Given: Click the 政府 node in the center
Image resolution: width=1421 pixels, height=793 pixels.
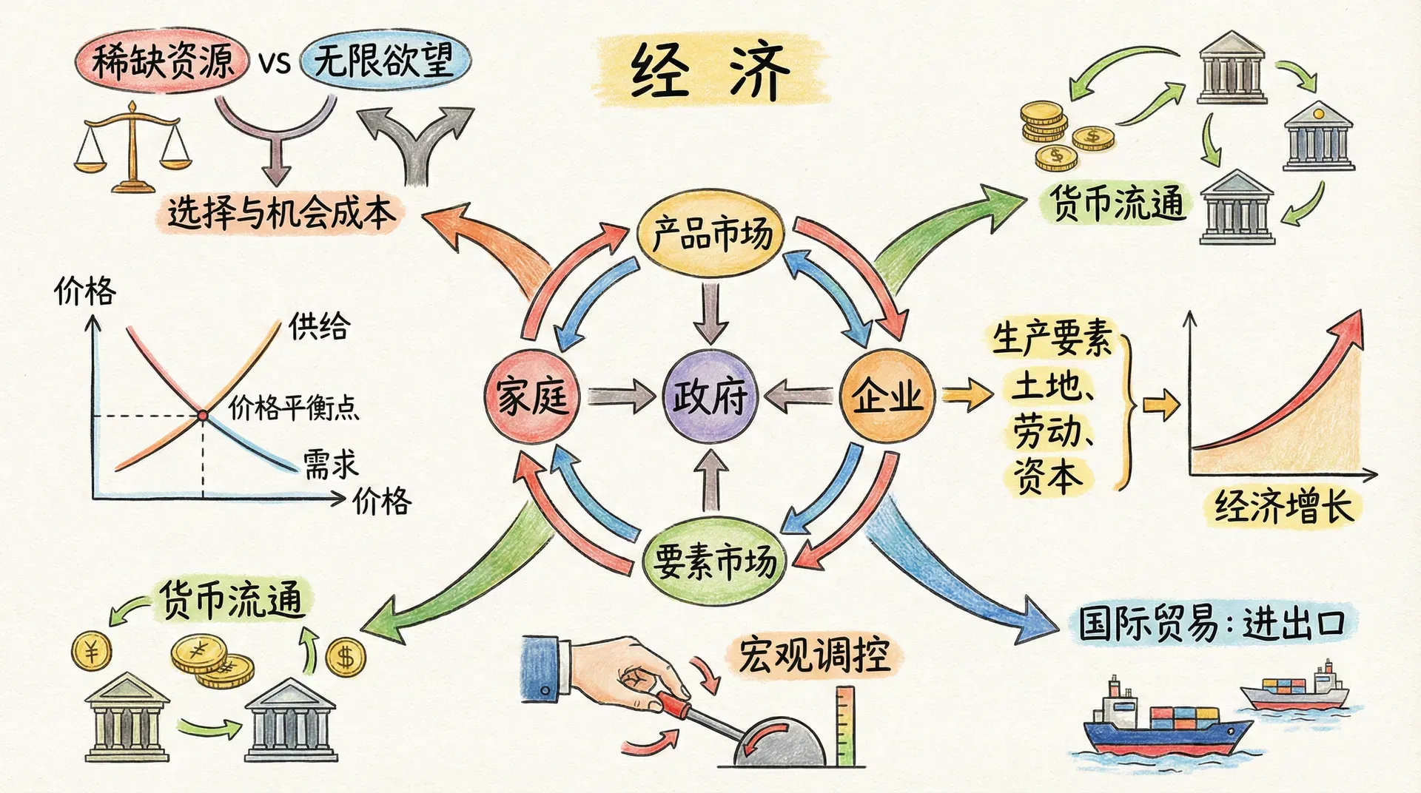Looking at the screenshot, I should [710, 396].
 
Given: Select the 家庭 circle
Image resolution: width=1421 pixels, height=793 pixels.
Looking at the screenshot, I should [531, 396].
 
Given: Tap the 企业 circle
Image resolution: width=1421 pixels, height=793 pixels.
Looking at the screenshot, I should [887, 396].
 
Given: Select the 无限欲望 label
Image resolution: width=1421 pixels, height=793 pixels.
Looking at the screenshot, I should [384, 59].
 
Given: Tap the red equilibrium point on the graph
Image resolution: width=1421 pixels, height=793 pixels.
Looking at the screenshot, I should [202, 416].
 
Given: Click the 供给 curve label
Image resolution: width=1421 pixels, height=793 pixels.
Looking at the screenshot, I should [319, 325].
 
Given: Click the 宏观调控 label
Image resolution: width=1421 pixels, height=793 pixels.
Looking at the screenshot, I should [814, 655].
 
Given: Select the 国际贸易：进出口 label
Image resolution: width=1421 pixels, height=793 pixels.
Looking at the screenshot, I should [1211, 624].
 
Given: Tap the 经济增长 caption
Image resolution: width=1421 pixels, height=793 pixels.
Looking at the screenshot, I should [1283, 507].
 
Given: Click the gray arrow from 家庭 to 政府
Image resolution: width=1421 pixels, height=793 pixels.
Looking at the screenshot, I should [620, 397].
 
